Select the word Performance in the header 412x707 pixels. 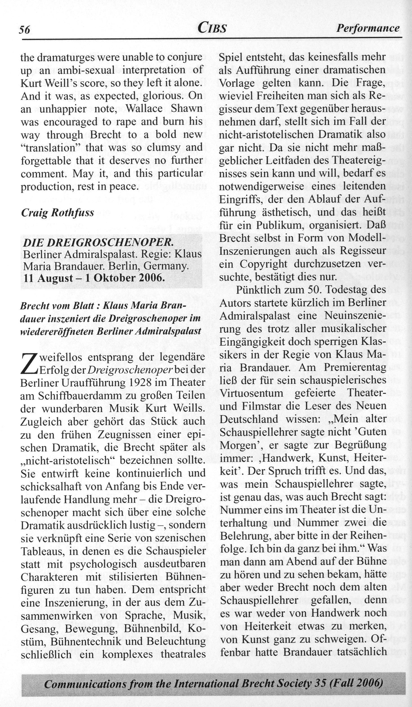[368, 28]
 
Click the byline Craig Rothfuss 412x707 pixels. [57, 212]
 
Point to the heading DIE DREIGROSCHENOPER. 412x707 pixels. [98, 242]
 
